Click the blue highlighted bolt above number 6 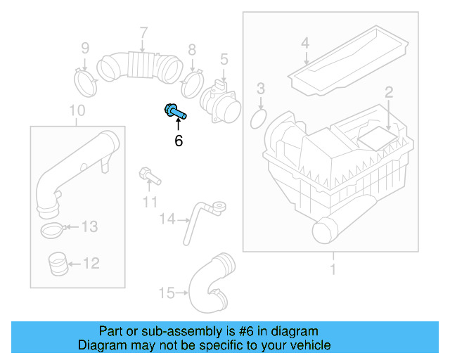[x=174, y=110]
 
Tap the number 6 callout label [x=179, y=141]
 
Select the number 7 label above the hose [x=143, y=32]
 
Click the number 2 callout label [x=387, y=91]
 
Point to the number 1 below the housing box [x=333, y=269]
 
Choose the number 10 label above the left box [x=77, y=110]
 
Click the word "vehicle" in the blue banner [x=308, y=345]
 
